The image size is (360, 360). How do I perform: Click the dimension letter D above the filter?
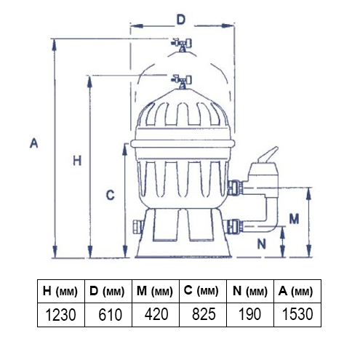tap(180, 20)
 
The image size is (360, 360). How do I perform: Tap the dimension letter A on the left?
tap(34, 143)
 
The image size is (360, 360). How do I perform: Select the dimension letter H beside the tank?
tap(77, 161)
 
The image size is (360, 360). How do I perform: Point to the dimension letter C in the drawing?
tap(111, 195)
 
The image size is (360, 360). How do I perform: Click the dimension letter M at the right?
tap(294, 219)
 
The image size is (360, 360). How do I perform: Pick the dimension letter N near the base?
tap(261, 244)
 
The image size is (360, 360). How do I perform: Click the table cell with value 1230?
tap(61, 315)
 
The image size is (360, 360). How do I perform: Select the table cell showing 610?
tap(108, 315)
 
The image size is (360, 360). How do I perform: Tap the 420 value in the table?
tap(156, 315)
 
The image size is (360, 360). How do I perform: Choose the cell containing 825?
tap(203, 315)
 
